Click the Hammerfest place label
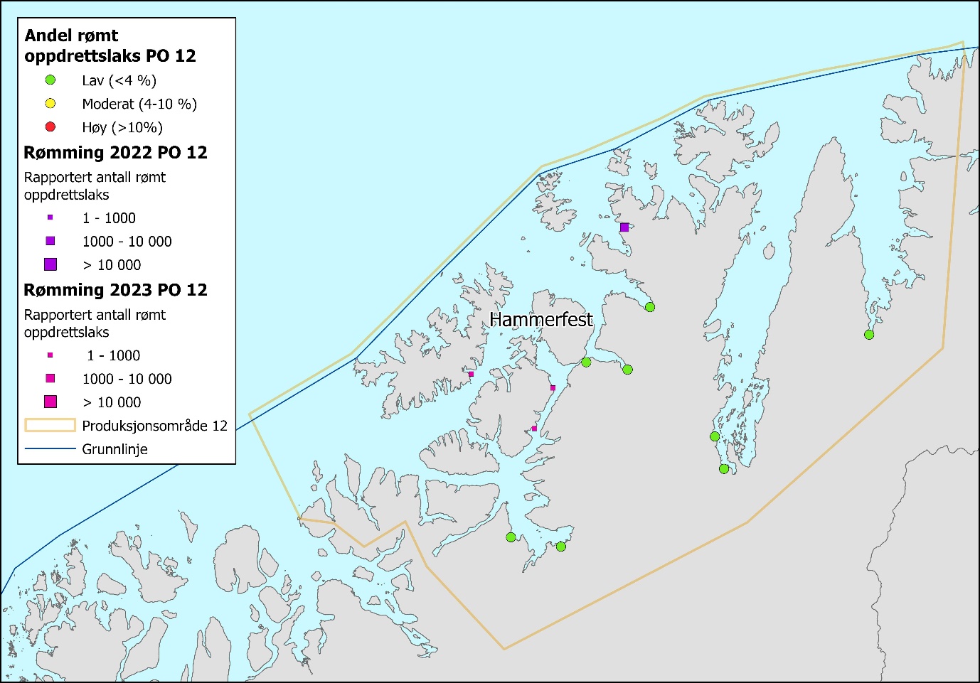point(540,320)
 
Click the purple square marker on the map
point(624,227)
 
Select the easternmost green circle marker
point(869,335)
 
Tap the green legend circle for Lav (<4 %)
point(50,80)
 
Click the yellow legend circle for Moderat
point(50,104)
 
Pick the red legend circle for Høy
point(50,127)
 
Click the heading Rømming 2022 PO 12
point(115,153)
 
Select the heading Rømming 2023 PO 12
point(115,290)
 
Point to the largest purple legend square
point(50,264)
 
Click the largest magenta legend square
point(50,402)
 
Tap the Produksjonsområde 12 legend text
point(154,426)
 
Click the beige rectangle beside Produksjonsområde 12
point(50,426)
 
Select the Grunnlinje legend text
point(114,449)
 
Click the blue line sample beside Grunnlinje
point(50,449)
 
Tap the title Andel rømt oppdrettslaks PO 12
point(110,45)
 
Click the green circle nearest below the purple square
point(649,307)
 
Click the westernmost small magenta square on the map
point(471,374)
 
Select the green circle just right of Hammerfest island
point(586,362)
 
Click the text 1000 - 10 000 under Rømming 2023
point(127,379)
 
